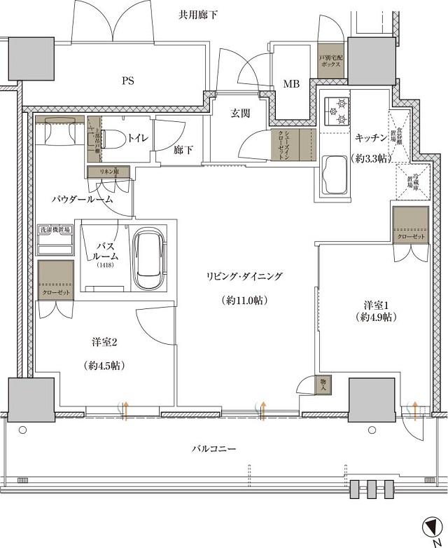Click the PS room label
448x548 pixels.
[127, 81]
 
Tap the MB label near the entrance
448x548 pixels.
[291, 85]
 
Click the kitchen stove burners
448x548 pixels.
[336, 111]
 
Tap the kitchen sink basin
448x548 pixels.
[335, 175]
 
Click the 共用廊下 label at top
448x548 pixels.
[197, 13]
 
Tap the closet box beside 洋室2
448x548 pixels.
[56, 280]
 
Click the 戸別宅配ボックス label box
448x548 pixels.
[330, 61]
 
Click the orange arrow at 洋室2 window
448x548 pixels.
[126, 411]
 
